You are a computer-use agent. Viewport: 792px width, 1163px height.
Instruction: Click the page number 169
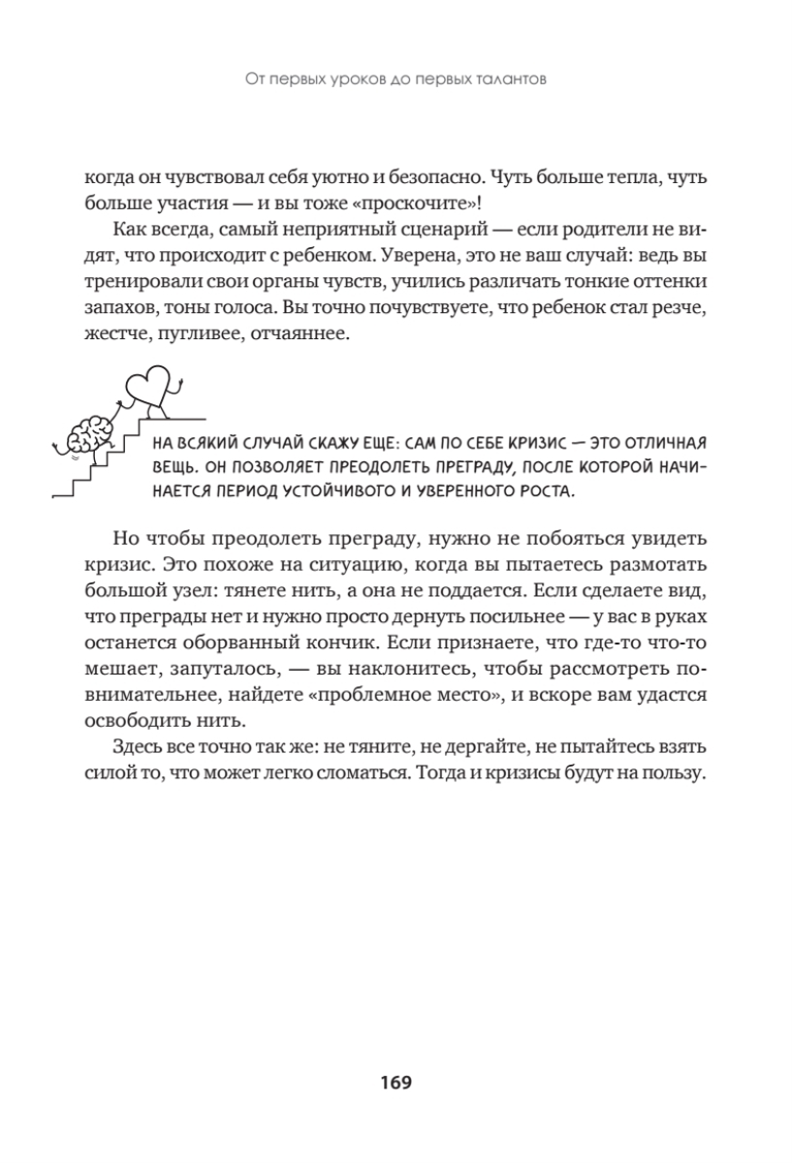[396, 1083]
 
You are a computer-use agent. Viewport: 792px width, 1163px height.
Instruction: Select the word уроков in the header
[354, 81]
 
